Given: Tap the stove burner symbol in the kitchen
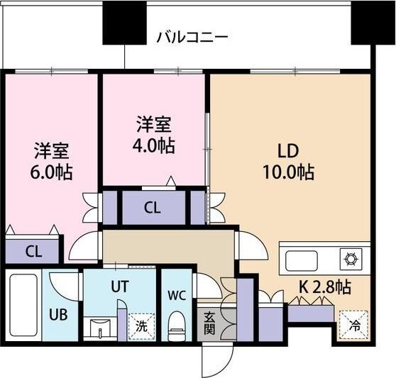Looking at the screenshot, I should (x=351, y=258).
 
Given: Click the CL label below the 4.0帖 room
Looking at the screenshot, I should (x=152, y=208).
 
